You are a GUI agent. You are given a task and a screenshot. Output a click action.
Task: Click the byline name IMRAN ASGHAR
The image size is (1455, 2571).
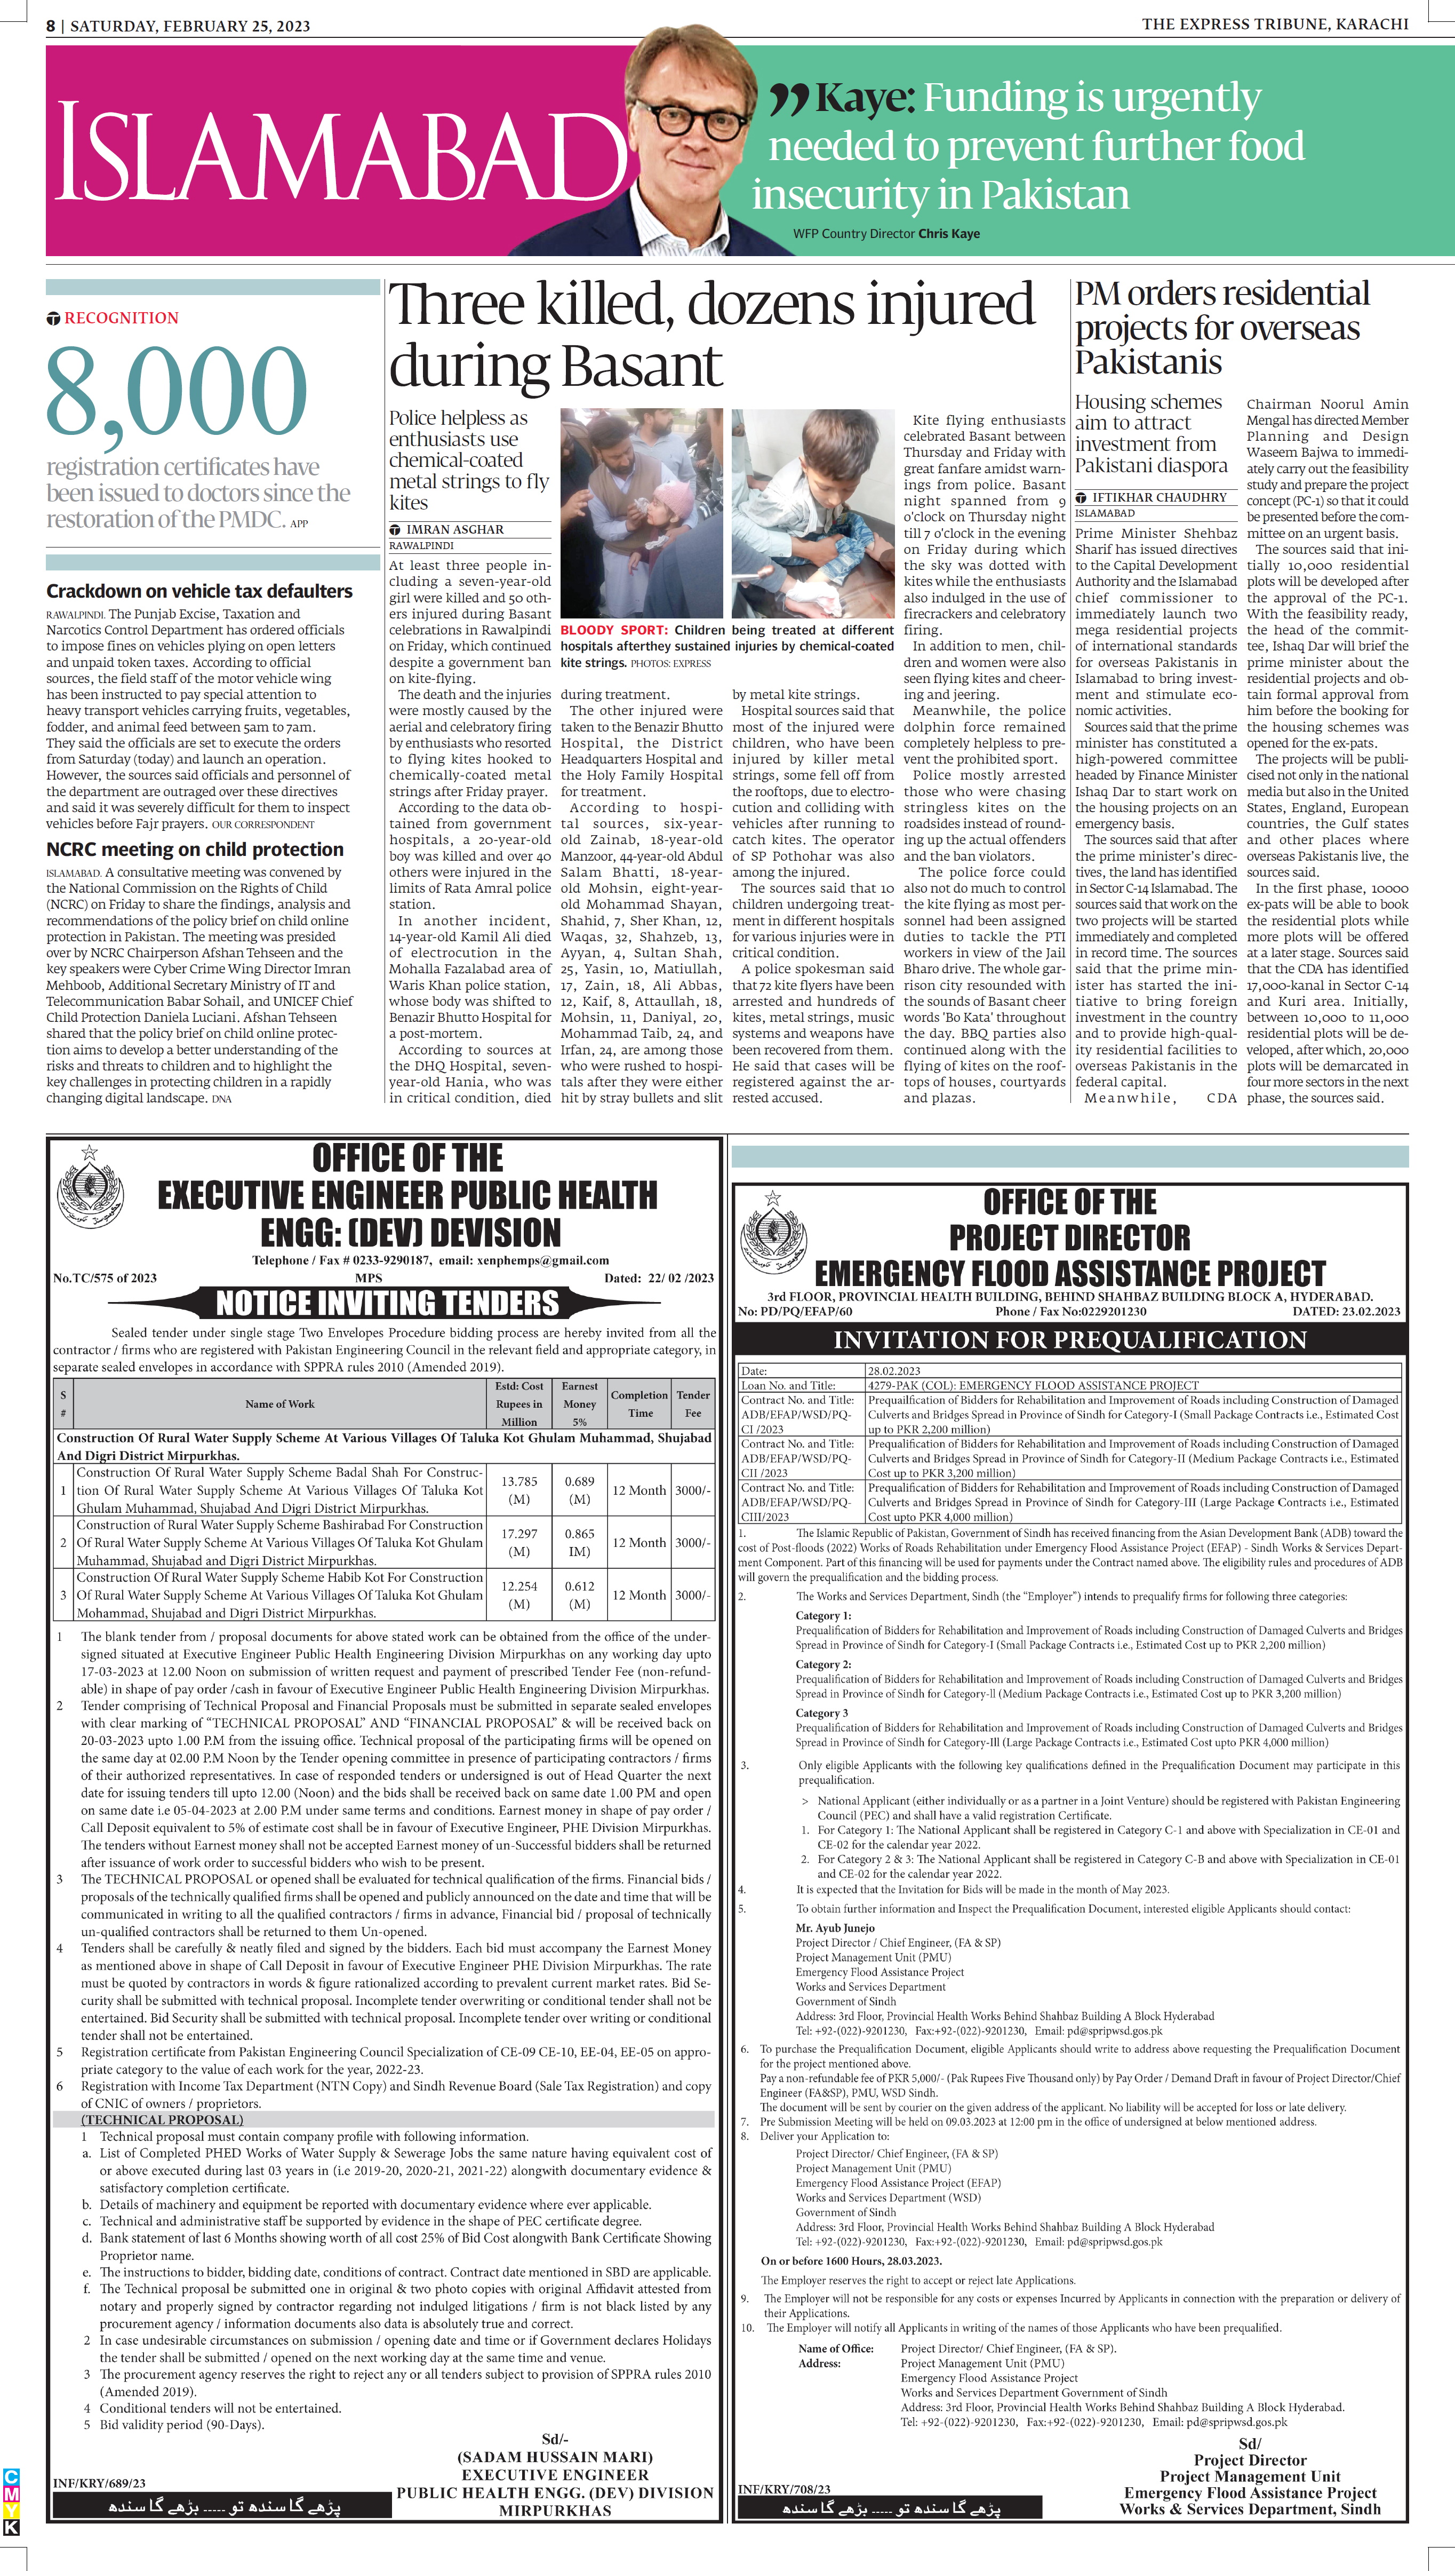pyautogui.click(x=454, y=529)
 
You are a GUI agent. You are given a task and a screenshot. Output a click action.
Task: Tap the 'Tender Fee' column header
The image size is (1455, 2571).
pyautogui.click(x=692, y=1403)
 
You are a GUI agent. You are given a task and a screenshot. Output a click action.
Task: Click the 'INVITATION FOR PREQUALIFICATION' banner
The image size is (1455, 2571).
pyautogui.click(x=1069, y=1339)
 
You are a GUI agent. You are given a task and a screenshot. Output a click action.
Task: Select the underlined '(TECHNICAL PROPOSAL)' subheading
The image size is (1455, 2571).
pyautogui.click(x=162, y=2119)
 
